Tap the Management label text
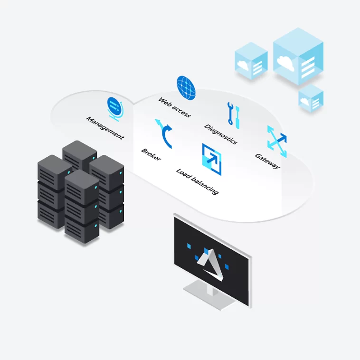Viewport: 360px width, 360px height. coord(105,127)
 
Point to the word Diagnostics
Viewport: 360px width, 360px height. coord(220,134)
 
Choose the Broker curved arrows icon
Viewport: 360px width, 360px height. coord(165,134)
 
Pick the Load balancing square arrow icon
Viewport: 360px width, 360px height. coord(212,156)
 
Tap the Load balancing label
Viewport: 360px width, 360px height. coord(197,181)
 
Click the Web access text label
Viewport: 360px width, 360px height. coord(174,108)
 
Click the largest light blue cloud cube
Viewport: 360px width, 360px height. coord(298,56)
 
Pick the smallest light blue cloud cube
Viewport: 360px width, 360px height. coord(311,98)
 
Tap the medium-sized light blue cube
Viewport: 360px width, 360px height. coord(251,62)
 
